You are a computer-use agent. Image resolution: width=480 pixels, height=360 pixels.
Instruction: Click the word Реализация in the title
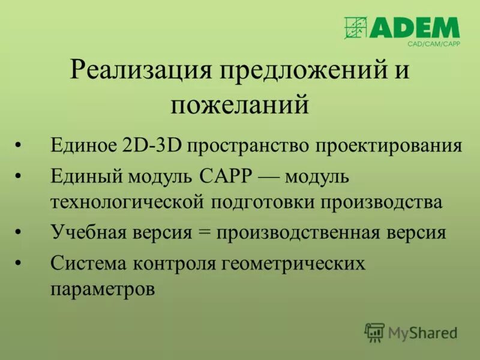(141, 71)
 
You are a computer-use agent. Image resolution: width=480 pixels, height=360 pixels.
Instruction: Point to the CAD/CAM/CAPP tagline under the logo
(433, 44)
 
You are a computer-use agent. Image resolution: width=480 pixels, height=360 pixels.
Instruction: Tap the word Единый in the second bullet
(85, 177)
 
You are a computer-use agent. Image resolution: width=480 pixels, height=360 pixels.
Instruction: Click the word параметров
(103, 289)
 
